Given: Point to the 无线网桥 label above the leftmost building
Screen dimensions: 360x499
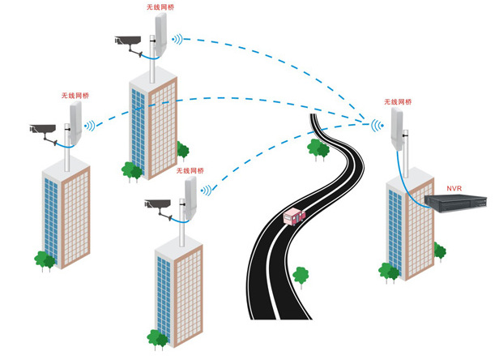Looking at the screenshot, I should pos(75,96).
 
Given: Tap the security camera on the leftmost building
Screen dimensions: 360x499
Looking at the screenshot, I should pos(42,128).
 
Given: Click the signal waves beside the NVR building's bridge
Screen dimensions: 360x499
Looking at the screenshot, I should pos(377,126).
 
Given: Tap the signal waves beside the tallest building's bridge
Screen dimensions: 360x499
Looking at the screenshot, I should pos(177,38).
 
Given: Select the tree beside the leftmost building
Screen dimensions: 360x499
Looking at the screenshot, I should pos(45,260).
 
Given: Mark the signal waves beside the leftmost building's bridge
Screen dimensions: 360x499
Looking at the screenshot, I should pos(92,126).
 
